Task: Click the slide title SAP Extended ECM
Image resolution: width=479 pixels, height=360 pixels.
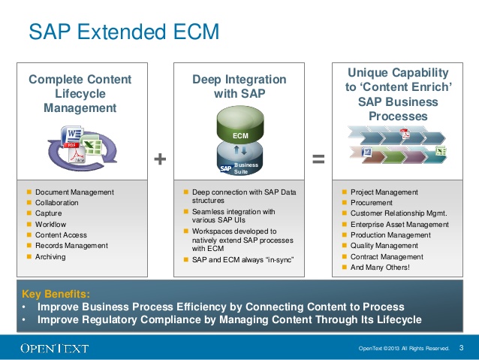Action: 124,32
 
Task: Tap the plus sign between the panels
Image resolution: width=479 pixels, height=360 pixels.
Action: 159,158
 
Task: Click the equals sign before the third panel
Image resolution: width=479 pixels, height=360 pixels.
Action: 318,158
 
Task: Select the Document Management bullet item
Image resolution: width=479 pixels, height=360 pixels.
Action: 74,192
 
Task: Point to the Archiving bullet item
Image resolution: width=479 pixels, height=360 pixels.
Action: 50,256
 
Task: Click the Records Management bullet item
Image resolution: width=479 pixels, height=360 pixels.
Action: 71,246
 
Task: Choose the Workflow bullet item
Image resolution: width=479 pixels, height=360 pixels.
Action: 50,224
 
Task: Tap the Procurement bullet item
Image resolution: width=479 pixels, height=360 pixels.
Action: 371,203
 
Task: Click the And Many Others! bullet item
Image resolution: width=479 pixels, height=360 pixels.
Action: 380,267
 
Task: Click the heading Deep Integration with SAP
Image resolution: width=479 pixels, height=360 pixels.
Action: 239,86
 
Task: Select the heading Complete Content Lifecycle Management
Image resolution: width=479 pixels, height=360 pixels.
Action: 80,93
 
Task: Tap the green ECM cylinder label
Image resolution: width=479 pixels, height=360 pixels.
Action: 239,135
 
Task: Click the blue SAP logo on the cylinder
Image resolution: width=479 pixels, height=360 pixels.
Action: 225,168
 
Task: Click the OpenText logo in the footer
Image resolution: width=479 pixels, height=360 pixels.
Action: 54,348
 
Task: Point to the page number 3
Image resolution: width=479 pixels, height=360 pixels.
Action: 461,347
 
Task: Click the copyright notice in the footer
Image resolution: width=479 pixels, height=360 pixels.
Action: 405,348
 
